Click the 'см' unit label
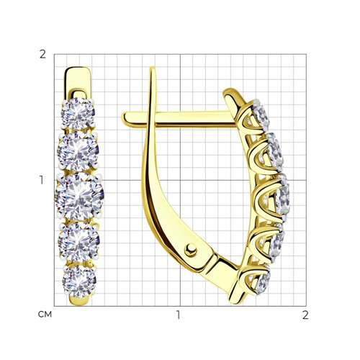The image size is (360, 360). (45, 315)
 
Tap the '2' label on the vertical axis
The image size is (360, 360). (42, 55)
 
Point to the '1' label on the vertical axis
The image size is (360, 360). (42, 180)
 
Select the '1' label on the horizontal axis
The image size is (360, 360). (178, 315)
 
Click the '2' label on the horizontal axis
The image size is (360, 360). (305, 315)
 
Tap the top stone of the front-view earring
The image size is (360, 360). (78, 114)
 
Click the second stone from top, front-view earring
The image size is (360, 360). (78, 151)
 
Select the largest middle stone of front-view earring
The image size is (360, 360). (79, 196)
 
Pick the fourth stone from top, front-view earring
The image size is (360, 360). (79, 242)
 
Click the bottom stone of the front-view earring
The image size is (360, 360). (79, 281)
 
